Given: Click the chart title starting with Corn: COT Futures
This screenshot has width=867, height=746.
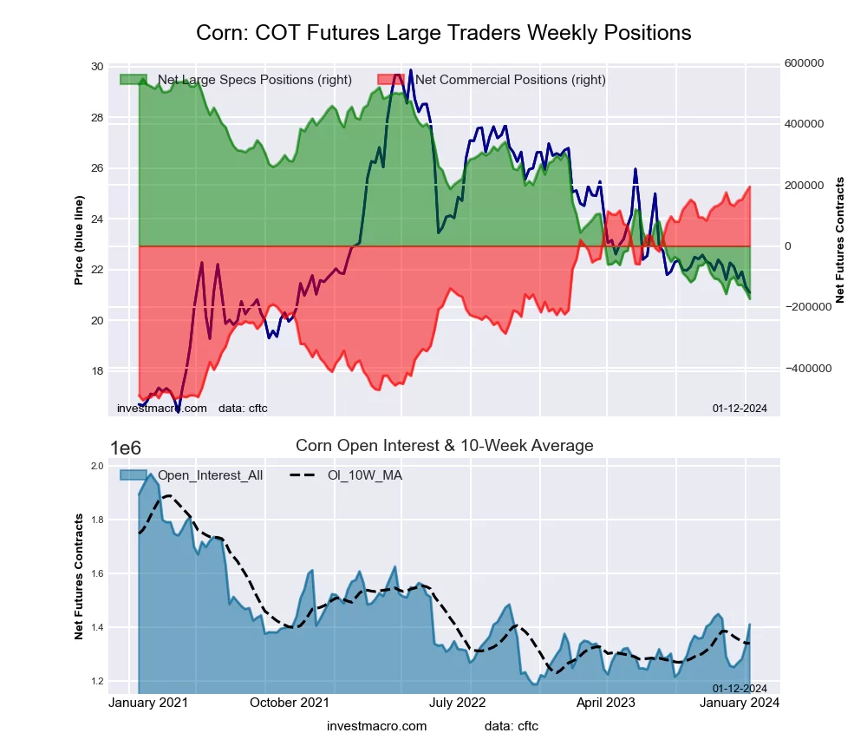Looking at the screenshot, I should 443,33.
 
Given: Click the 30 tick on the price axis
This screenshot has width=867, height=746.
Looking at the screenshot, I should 96,67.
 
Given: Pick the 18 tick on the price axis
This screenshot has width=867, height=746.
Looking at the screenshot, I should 96,371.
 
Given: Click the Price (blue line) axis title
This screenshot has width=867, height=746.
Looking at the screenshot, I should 79,240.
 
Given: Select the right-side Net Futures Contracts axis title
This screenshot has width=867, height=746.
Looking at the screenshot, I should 839,240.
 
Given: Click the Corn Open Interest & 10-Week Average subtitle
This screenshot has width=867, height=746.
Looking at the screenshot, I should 444,446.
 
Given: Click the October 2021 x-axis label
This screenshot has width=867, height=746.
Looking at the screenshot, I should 290,703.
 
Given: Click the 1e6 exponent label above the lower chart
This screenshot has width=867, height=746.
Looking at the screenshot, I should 127,448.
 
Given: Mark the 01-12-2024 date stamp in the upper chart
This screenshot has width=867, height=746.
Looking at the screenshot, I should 740,409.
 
